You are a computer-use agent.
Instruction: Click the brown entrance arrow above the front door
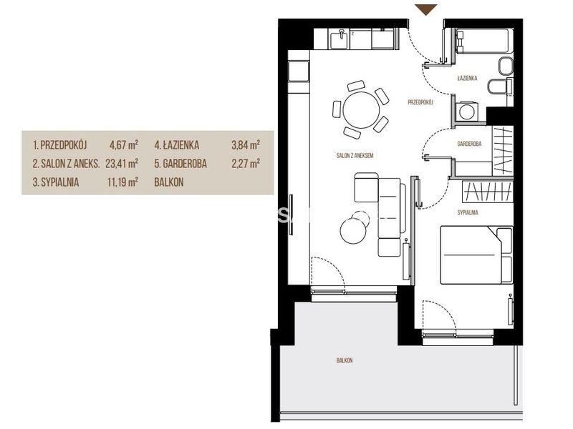pyautogui.click(x=426, y=10)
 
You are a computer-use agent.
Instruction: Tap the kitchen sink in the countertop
pyautogui.click(x=340, y=40)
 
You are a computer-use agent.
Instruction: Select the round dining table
pyautogui.click(x=361, y=109)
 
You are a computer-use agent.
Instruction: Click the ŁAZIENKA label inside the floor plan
pyautogui.click(x=467, y=78)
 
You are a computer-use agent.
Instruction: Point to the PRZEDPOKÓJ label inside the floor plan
pyautogui.click(x=420, y=102)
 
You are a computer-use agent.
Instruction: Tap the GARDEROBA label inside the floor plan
pyautogui.click(x=469, y=144)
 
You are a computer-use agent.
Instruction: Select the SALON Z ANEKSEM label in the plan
pyautogui.click(x=355, y=155)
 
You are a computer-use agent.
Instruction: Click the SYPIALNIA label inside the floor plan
pyautogui.click(x=468, y=212)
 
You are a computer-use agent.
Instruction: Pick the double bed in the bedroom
pyautogui.click(x=476, y=255)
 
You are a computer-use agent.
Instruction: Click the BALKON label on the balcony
pyautogui.click(x=345, y=360)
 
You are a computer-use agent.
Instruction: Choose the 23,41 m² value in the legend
pyautogui.click(x=122, y=164)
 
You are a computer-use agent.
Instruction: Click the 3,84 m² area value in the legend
pyautogui.click(x=246, y=145)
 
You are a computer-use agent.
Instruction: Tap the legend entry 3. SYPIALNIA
pyautogui.click(x=56, y=182)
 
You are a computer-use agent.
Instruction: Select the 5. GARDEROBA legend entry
pyautogui.click(x=180, y=164)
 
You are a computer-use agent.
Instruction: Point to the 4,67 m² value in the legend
pyautogui.click(x=124, y=145)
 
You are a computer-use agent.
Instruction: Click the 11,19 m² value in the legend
pyautogui.click(x=122, y=182)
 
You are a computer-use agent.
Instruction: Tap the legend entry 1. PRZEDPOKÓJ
pyautogui.click(x=60, y=145)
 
